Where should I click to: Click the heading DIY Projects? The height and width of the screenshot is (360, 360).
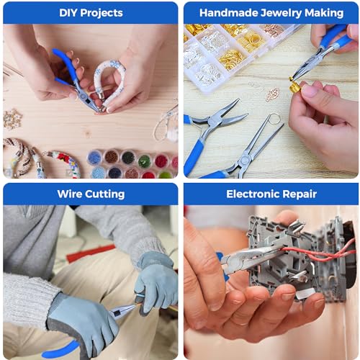coord(91,13)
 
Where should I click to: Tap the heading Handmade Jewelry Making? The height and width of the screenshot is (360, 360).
coord(271,13)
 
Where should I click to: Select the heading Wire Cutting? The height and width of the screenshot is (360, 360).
coord(91,194)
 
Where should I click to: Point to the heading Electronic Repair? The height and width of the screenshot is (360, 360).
coord(271,194)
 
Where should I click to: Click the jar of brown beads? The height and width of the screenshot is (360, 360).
coord(112,157)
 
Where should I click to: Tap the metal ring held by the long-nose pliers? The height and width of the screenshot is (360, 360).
coord(274,120)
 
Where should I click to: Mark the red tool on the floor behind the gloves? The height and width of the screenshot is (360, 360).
coord(91,253)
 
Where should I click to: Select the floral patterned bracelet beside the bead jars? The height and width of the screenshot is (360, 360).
coord(64,163)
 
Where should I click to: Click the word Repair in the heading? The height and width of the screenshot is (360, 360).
coord(300,194)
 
